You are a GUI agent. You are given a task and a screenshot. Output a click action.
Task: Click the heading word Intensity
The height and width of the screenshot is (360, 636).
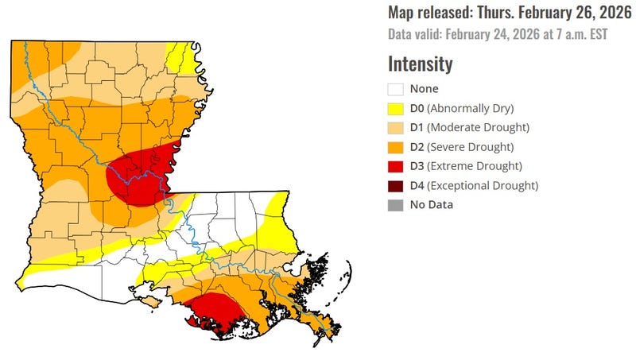click(420, 64)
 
